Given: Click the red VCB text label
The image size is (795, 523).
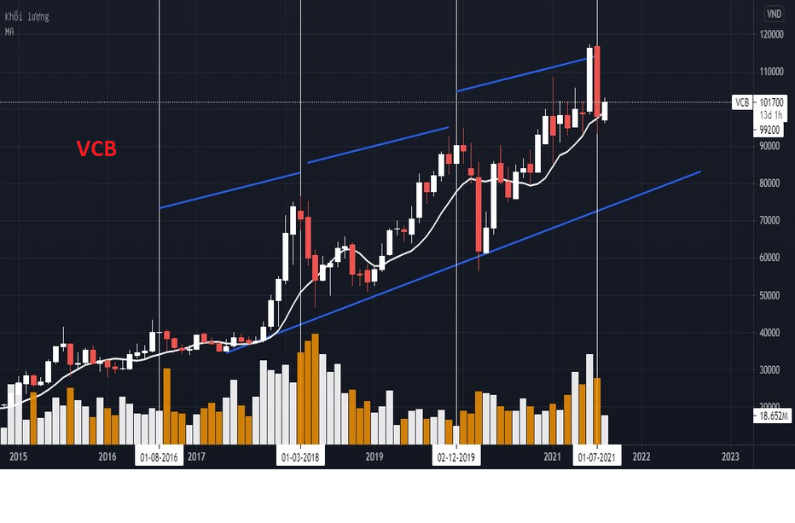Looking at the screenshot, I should tap(96, 149).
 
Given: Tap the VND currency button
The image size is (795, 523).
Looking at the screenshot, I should tap(773, 13).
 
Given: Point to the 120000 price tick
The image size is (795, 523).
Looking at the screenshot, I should tap(772, 34).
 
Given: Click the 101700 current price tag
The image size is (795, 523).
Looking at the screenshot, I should tap(771, 102).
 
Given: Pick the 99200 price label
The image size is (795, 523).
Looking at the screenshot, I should tap(769, 131).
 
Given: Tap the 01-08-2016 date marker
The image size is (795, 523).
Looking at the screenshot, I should tap(160, 457).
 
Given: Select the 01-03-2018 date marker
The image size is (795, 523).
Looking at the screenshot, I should tap(300, 457).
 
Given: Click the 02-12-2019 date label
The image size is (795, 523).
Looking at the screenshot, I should tap(458, 457).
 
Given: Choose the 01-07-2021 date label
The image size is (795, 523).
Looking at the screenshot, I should tap(597, 457).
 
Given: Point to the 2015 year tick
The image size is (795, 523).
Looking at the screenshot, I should tap(19, 457).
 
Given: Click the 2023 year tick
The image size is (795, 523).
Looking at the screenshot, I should tap(730, 457).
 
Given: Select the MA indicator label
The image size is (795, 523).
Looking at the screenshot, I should tap(9, 32).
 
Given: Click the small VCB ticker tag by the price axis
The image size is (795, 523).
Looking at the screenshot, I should tap(743, 102).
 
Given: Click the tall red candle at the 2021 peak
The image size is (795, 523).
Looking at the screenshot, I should tap(598, 78).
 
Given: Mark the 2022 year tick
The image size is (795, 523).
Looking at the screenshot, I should tap(641, 457).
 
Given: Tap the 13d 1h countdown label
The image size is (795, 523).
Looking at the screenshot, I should tap(771, 114).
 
